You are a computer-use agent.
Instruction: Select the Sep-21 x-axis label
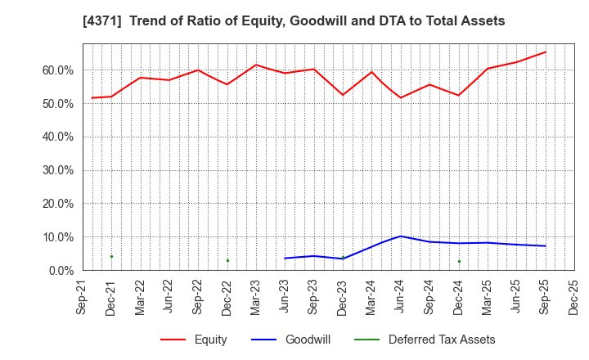pyautogui.click(x=83, y=297)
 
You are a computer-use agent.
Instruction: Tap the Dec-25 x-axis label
pyautogui.click(x=574, y=297)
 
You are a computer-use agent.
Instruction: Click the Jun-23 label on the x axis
pyautogui.click(x=285, y=297)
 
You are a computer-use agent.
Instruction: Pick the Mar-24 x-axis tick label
pyautogui.click(x=371, y=297)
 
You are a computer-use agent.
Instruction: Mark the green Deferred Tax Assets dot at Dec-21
pyautogui.click(x=111, y=256)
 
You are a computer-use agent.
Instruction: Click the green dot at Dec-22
pyautogui.click(x=227, y=261)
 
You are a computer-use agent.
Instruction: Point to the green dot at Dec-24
pyautogui.click(x=459, y=262)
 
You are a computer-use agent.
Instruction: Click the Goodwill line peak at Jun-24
pyautogui.click(x=401, y=236)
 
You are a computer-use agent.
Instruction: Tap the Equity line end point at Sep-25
pyautogui.click(x=546, y=52)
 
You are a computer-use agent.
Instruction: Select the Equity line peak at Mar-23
pyautogui.click(x=256, y=65)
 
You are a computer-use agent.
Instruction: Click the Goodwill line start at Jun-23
pyautogui.click(x=285, y=259)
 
